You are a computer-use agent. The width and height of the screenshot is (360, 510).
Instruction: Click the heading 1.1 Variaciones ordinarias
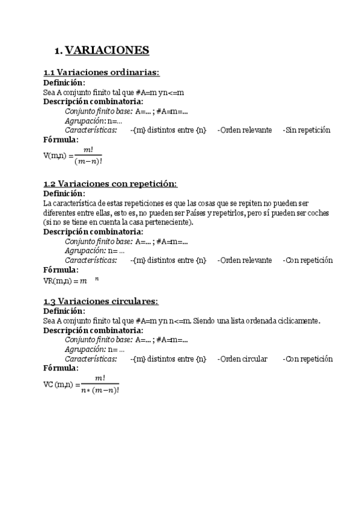102,72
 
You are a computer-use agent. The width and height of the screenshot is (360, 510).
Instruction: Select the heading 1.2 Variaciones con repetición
111,183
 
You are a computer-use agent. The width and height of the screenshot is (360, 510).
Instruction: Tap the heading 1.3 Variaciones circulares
101,301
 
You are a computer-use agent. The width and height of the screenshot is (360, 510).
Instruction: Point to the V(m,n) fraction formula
72,155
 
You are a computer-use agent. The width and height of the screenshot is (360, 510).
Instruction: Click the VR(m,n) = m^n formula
71,280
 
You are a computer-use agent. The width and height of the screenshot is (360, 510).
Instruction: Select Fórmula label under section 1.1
61,140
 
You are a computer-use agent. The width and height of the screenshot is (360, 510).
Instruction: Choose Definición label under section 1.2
64,194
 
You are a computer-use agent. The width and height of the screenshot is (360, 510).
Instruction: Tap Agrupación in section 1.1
85,120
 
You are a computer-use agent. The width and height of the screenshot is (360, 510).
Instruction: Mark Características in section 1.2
91,260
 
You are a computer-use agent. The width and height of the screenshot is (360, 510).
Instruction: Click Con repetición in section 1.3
308,359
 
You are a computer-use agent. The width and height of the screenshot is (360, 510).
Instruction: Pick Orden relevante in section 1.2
244,260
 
